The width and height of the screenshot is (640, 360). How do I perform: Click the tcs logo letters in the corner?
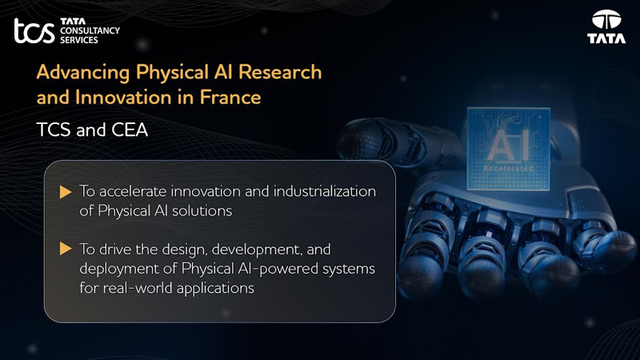point(34,31)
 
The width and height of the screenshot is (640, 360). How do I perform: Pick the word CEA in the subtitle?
point(127,130)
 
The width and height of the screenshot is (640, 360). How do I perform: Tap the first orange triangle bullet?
point(66,192)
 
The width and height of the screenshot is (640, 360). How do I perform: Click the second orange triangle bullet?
point(66,249)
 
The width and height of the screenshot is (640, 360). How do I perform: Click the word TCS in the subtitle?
point(53,130)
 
